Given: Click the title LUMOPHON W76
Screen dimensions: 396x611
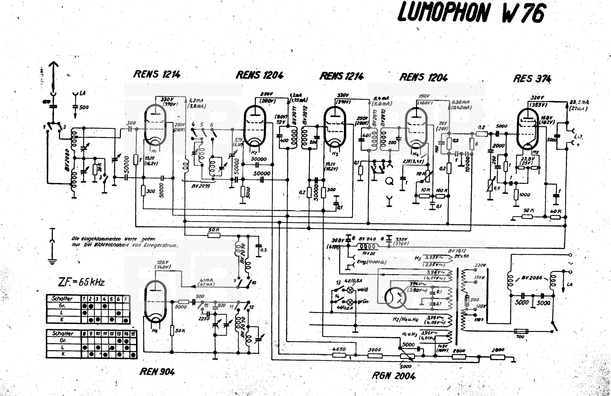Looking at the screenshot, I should click(471, 13).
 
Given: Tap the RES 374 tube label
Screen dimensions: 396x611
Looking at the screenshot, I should click(532, 78).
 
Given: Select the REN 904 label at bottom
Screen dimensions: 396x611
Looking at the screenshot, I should click(157, 372).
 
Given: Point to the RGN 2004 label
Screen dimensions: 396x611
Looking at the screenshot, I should click(394, 376).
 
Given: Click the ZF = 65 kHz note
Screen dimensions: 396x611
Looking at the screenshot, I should click(82, 282).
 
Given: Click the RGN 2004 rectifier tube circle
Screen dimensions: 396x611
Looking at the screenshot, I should click(395, 298).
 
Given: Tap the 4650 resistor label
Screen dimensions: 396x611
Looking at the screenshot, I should click(339, 349).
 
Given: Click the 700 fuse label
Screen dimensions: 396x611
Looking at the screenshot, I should click(520, 337).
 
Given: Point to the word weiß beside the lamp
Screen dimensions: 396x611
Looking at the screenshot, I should click(363, 290).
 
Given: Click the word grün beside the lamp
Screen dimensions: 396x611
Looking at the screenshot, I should click(363, 302).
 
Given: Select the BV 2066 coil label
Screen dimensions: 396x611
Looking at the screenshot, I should click(532, 278).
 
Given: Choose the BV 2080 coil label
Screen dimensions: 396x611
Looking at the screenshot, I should click(67, 160).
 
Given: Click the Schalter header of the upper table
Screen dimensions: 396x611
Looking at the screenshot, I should click(62, 299).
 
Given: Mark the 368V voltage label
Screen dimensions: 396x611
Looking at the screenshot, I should click(337, 240).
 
